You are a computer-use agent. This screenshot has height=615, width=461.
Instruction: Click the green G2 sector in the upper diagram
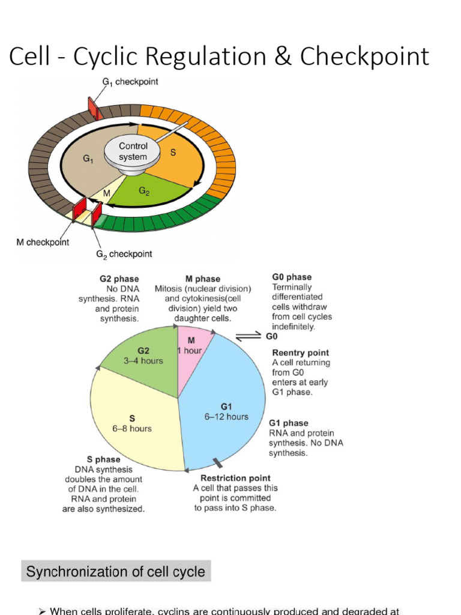click(150, 192)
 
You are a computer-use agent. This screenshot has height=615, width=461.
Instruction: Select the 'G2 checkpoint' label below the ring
click(124, 254)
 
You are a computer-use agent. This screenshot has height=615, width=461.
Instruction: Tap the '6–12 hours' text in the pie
click(226, 417)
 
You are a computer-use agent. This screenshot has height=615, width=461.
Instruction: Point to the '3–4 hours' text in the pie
click(143, 362)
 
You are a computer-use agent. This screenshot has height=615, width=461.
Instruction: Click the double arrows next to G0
click(246, 337)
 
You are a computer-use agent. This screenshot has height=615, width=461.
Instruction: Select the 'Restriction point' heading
click(235, 478)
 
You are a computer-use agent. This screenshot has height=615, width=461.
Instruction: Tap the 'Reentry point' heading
click(301, 353)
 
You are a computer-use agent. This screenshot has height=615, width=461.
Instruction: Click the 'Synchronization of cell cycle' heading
click(116, 572)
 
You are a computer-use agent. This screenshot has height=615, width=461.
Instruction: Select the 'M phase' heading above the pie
click(203, 279)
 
